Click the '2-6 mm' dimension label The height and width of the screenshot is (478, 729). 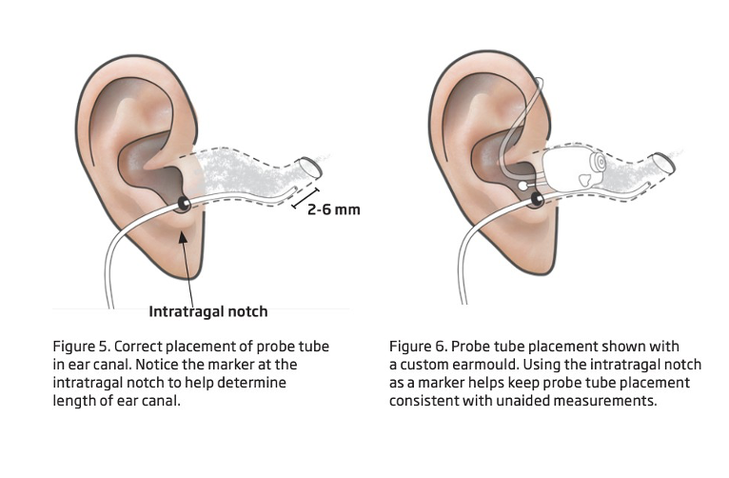(334, 209)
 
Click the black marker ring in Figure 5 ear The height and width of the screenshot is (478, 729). (182, 202)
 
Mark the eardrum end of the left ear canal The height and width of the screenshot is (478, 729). (311, 169)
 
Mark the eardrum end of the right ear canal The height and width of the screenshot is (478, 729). (664, 163)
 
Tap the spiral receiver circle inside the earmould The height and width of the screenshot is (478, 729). (597, 165)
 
